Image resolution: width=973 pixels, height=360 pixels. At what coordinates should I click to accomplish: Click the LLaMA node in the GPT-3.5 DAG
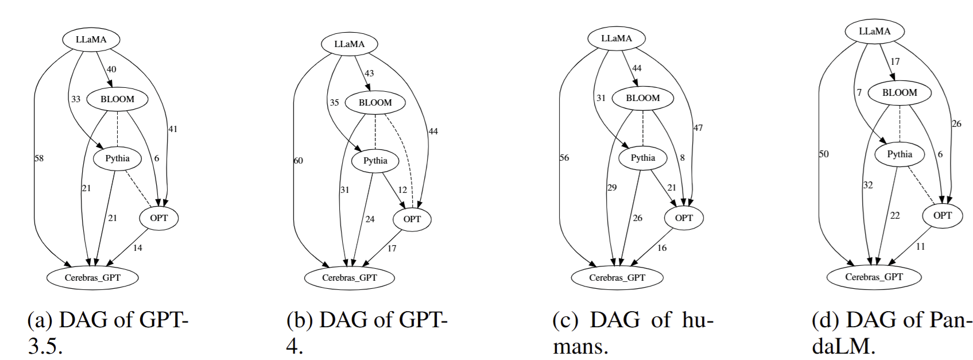[91, 40]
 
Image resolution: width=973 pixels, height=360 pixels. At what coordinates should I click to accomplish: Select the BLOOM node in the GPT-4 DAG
[375, 103]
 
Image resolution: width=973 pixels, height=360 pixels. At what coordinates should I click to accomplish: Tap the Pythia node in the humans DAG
[643, 158]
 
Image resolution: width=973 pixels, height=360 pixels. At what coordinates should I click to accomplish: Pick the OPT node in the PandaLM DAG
[943, 216]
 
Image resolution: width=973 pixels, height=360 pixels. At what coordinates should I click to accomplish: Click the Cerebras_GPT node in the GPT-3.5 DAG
[92, 277]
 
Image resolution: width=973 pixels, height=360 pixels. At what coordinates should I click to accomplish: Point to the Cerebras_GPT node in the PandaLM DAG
[874, 277]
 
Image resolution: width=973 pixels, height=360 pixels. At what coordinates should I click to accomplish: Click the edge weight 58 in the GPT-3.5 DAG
[39, 158]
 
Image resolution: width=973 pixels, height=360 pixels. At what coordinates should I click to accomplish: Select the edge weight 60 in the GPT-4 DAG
[298, 161]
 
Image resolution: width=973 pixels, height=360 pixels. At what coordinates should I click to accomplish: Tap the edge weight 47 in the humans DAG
[697, 128]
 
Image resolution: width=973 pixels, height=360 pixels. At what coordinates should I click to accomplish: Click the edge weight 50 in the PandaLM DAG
[824, 154]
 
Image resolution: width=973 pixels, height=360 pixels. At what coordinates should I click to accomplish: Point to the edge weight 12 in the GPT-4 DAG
[402, 190]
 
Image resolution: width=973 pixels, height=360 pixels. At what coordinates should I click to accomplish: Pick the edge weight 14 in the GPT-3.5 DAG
[137, 248]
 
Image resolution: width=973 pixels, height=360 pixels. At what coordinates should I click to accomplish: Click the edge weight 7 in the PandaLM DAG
[859, 92]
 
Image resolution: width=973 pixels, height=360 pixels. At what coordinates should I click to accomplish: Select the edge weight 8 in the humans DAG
[682, 158]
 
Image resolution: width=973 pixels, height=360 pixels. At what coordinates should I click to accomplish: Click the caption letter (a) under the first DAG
[40, 320]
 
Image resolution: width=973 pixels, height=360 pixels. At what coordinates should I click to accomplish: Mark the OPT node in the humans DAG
[684, 218]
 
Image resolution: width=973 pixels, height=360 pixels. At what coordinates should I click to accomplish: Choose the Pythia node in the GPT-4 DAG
[375, 161]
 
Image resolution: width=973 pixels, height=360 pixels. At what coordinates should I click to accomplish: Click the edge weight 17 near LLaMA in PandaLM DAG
[895, 62]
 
